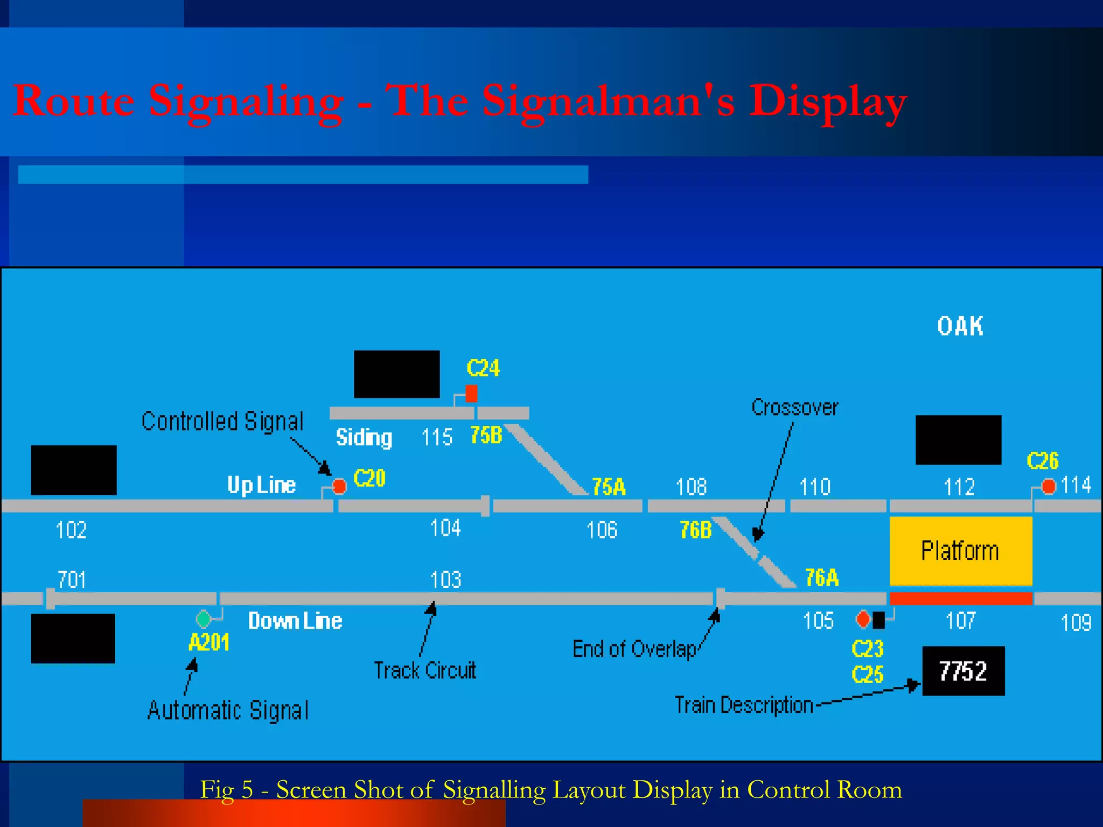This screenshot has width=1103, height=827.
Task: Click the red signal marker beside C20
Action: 339,486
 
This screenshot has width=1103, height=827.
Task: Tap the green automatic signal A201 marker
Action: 204,619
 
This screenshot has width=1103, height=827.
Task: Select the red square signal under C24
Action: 471,394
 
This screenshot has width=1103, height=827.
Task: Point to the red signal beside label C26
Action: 1049,487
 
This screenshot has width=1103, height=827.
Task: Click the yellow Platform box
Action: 960,551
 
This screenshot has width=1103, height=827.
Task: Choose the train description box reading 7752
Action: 963,671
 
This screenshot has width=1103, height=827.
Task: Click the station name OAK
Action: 960,326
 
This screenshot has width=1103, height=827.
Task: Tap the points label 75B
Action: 486,435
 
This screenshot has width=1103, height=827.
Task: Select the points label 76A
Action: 822,578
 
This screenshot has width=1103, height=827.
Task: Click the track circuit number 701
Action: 72,579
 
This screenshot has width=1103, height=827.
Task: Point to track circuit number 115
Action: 437,437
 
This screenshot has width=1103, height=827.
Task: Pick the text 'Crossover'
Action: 795,408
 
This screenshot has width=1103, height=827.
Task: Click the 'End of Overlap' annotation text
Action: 634,649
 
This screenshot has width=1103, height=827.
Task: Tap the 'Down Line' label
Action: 295,621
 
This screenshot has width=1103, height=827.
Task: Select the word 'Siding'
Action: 364,437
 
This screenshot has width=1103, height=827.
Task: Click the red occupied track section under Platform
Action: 960,598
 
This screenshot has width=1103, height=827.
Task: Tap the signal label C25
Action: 868,675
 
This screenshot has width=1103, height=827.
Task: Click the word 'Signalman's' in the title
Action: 608,101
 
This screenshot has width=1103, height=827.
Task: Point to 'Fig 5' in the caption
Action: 226,790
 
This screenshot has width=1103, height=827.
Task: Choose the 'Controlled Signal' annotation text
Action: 222,421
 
